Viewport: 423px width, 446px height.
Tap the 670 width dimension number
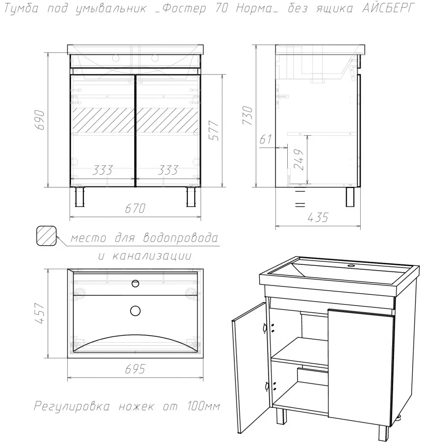click(x=135, y=209)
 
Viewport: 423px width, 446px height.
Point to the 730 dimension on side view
click(x=247, y=115)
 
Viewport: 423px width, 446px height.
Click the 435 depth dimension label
click(x=318, y=217)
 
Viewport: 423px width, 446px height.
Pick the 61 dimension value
click(x=266, y=140)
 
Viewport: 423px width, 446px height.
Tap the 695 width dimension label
click(x=135, y=369)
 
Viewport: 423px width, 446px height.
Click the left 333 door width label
click(x=102, y=170)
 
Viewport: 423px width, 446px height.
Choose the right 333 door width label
click(x=168, y=170)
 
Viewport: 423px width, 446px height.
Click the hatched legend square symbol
click(x=47, y=235)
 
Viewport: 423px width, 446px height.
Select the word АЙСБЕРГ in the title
click(x=387, y=8)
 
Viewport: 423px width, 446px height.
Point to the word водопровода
click(x=180, y=237)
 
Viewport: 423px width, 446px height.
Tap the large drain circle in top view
click(x=135, y=311)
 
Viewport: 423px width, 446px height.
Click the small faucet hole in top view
click(x=135, y=283)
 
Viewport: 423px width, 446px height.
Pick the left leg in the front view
click(x=80, y=197)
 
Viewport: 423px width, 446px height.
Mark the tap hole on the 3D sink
click(x=350, y=266)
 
